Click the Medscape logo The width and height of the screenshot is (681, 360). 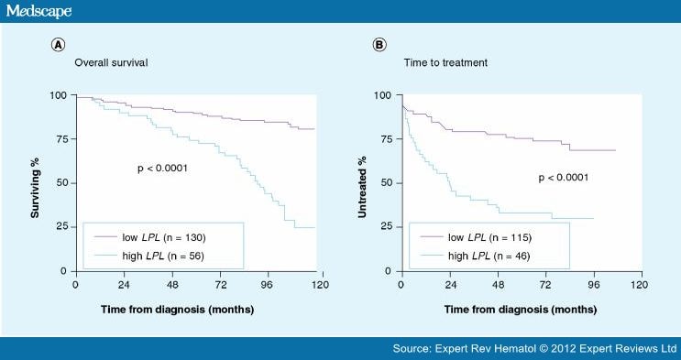click(x=39, y=11)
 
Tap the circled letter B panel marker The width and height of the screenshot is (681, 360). click(x=378, y=44)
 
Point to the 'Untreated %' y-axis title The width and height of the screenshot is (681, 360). click(x=364, y=183)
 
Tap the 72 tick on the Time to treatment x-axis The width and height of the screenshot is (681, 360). click(x=545, y=285)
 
